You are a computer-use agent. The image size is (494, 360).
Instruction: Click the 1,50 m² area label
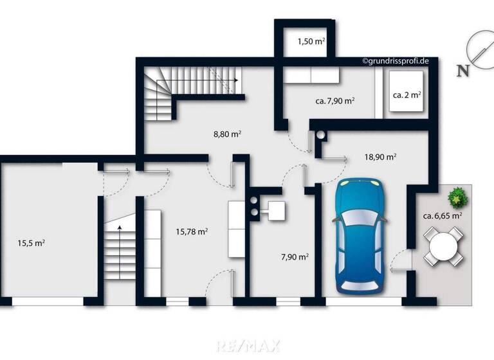tap(311, 42)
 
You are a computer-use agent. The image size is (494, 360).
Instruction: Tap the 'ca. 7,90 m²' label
tap(335, 101)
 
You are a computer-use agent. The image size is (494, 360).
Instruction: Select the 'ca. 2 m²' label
tap(407, 94)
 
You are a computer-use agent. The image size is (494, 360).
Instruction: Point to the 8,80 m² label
tap(227, 134)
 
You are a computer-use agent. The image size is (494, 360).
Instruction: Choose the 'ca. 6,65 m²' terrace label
tap(443, 216)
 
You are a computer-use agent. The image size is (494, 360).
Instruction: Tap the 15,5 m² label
tap(31, 243)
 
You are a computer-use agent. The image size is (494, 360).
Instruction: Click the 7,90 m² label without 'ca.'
tap(295, 256)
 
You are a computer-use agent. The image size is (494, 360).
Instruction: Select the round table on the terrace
tap(441, 248)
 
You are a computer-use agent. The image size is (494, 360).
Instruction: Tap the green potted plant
tap(457, 197)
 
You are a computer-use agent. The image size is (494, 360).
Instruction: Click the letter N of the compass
tap(462, 71)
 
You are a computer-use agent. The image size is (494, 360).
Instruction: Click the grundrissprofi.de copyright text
tap(396, 61)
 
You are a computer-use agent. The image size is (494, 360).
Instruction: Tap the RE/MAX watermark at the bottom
tap(247, 346)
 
